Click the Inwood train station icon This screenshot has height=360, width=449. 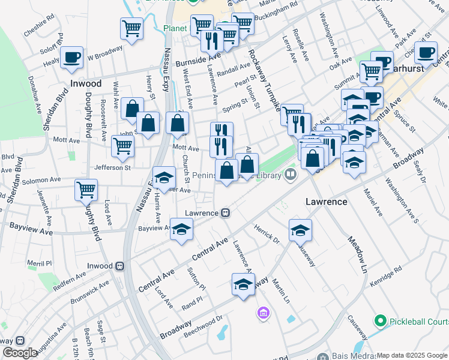120,266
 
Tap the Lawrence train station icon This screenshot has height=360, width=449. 226,213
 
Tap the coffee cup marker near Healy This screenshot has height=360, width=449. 72,58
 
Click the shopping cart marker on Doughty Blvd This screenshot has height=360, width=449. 86,190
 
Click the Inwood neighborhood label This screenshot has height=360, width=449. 85,84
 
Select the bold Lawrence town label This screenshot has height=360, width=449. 327,202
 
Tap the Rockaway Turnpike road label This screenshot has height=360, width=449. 265,80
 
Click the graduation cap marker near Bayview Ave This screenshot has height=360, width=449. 181,230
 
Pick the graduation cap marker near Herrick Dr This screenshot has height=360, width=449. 300,229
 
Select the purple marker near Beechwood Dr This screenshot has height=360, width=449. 262,313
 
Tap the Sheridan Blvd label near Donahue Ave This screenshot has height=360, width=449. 47,112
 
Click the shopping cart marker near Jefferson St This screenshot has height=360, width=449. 122,145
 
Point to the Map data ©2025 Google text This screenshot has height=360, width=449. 412,355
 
